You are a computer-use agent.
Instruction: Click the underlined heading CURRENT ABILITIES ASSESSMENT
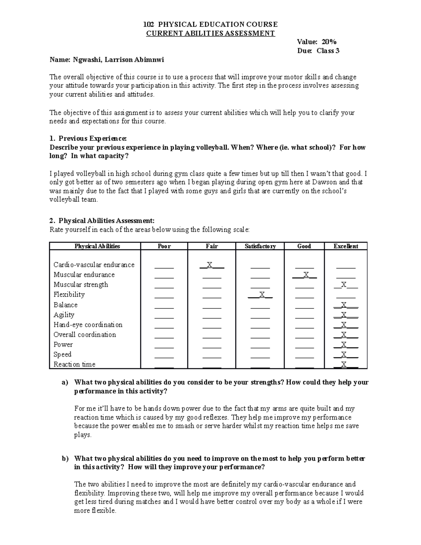point(210,33)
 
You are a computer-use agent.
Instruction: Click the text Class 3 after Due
point(328,51)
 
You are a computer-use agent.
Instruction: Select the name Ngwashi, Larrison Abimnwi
point(118,60)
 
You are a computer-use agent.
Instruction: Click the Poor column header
point(164,246)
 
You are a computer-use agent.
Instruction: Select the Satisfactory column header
point(260,246)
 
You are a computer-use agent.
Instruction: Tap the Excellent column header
point(346,246)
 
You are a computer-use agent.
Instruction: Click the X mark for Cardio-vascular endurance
point(209,265)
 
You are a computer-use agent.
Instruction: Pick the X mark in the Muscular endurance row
point(306,274)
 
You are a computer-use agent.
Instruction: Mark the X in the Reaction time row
point(344,364)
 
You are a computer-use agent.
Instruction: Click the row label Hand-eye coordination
point(88,325)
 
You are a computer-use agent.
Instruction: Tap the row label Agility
point(64,315)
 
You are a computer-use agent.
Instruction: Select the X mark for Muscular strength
point(344,284)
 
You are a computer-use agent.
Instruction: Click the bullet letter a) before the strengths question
point(65,383)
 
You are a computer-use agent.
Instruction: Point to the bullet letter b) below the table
point(65,458)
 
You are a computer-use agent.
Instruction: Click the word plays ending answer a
point(82,435)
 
